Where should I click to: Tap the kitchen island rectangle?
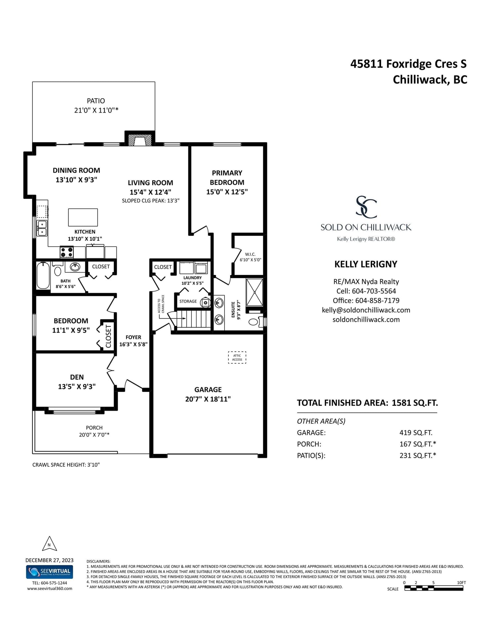coord(83,217)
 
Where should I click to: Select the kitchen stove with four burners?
coord(66,252)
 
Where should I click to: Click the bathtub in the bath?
coord(43,275)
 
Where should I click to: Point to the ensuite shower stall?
coord(255,292)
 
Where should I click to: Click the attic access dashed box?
coord(237,357)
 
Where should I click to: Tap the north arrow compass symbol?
coord(49,544)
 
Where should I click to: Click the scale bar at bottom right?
coord(434,588)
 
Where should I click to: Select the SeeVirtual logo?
coord(50,572)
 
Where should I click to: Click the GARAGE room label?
coord(208,390)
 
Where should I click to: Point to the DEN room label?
coord(77,377)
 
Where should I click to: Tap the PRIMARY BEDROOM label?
coord(227,178)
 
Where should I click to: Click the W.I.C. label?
coord(250,254)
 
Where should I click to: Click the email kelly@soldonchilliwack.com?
coord(366,310)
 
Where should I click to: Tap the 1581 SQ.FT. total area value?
coord(415,403)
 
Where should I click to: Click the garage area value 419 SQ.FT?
coord(416,432)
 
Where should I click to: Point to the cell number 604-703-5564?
coord(374,291)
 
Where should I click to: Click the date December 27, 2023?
coord(50,560)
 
